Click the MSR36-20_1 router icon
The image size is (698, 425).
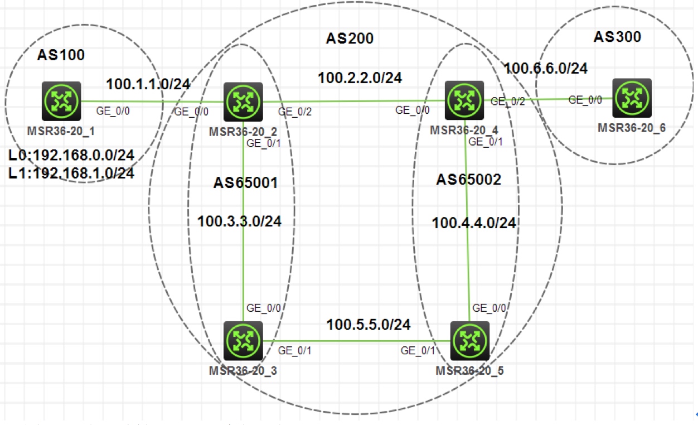click(x=61, y=102)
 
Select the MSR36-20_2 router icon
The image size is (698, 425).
click(x=243, y=102)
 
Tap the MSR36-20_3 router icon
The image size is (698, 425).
click(x=243, y=341)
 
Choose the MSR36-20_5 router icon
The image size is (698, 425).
click(x=469, y=341)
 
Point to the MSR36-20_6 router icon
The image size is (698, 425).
click(x=632, y=98)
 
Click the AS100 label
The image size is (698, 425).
click(x=61, y=55)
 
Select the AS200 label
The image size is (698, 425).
click(x=350, y=38)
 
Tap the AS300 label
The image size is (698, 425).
click(x=617, y=37)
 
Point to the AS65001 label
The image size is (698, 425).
click(x=245, y=183)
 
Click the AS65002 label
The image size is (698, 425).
click(x=468, y=180)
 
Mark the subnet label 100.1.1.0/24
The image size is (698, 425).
click(x=148, y=84)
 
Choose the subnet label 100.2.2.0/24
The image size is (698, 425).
click(x=360, y=78)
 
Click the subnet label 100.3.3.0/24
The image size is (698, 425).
click(x=239, y=221)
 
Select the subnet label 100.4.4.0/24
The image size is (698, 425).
click(x=474, y=223)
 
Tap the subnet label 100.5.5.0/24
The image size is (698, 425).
click(x=369, y=324)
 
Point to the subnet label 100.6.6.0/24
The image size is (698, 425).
click(x=546, y=68)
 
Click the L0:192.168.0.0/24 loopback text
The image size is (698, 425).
click(x=71, y=155)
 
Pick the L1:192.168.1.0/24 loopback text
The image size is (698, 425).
click(x=71, y=173)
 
